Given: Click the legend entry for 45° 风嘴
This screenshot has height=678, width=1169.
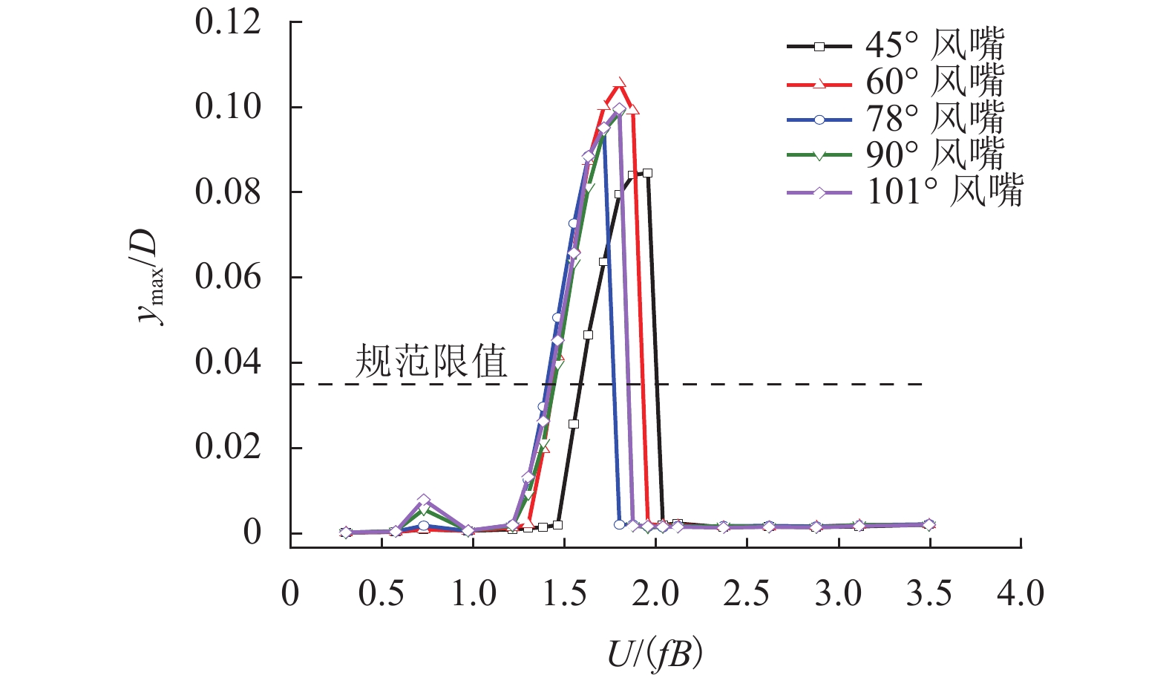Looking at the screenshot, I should [896, 46].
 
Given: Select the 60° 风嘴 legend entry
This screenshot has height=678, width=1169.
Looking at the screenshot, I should [896, 82].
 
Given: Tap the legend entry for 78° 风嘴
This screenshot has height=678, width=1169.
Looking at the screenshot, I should [896, 119].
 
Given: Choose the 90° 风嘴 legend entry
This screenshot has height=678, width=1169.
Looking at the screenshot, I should [896, 154].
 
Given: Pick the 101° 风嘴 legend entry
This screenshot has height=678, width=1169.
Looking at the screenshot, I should [906, 192].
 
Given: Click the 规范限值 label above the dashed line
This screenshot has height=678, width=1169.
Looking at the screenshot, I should [431, 362].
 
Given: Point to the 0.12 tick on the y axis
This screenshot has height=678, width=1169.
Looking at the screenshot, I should [228, 22].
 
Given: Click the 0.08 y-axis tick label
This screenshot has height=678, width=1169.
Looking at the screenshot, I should [228, 192].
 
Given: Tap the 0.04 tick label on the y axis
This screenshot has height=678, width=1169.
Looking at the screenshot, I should [228, 362].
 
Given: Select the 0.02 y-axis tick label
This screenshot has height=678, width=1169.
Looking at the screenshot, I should [228, 447].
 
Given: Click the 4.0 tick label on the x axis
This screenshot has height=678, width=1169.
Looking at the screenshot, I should [1021, 594].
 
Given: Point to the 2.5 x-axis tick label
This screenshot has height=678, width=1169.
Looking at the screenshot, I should [747, 594].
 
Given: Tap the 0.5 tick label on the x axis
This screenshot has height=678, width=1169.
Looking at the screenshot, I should [382, 594].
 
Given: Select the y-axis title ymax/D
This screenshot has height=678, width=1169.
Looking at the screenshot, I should [149, 276].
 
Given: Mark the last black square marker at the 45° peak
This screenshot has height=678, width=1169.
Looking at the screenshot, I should [647, 173].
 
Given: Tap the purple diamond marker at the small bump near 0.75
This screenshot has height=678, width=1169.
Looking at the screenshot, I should [424, 501].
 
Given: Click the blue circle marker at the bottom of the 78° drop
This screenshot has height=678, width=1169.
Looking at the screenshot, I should [620, 524].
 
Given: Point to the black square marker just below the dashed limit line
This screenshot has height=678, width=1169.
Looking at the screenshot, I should [573, 424].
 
